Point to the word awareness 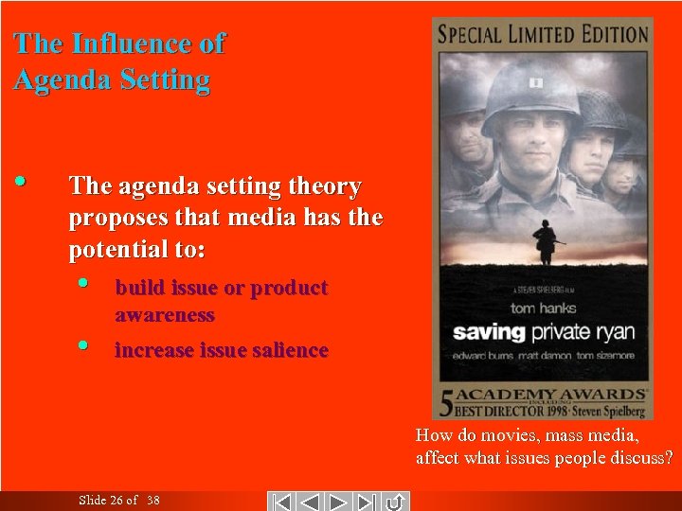pyautogui.click(x=165, y=315)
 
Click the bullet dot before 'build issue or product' pyautogui.click(x=84, y=283)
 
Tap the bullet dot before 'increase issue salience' pyautogui.click(x=84, y=345)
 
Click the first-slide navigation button pyautogui.click(x=280, y=501)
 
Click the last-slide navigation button pyautogui.click(x=368, y=501)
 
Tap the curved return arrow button pyautogui.click(x=396, y=501)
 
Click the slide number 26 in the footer pyautogui.click(x=117, y=501)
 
